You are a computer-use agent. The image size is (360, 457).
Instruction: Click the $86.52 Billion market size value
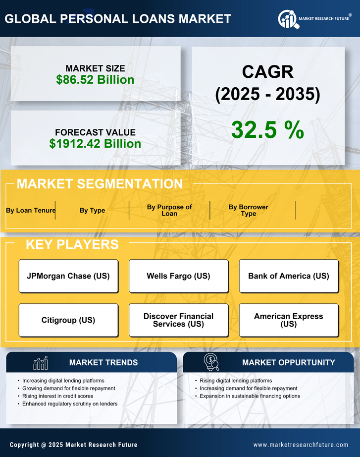(x=95, y=80)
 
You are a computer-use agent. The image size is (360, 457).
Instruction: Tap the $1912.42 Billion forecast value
(x=95, y=144)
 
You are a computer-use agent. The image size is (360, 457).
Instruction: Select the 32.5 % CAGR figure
(x=267, y=130)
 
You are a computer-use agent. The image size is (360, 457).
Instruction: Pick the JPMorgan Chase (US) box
(x=68, y=276)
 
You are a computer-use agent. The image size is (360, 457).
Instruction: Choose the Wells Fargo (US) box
(x=178, y=276)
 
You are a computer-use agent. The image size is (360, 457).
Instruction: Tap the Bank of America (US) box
(x=289, y=276)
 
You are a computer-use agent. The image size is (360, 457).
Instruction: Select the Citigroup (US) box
(x=68, y=320)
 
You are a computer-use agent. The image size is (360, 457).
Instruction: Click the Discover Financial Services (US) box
(x=178, y=320)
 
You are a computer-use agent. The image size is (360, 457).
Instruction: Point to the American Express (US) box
(x=289, y=320)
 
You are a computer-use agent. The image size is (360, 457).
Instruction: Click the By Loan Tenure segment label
(x=31, y=210)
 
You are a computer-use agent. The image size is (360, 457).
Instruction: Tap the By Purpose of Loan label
(x=169, y=210)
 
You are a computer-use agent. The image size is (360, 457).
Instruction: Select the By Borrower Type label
(x=248, y=210)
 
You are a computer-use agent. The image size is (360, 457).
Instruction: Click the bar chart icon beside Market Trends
(x=41, y=363)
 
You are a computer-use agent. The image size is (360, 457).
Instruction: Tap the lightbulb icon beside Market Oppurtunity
(x=211, y=362)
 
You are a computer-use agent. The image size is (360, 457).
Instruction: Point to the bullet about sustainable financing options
(x=250, y=396)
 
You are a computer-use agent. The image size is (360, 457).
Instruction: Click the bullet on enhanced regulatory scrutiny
(x=70, y=404)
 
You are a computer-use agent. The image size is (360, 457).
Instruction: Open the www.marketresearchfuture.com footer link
(x=301, y=445)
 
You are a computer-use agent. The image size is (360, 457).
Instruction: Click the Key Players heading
(x=72, y=244)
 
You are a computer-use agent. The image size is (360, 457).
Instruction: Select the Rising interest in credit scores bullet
(x=57, y=396)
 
